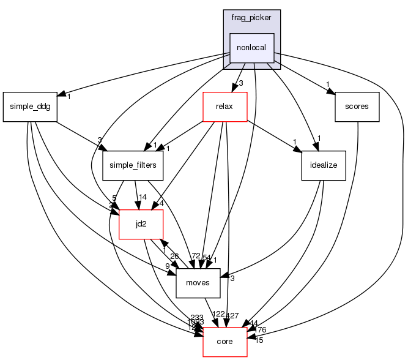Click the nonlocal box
(x=251, y=48)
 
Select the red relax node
(x=224, y=107)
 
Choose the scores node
(x=357, y=107)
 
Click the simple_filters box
(x=133, y=165)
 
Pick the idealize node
(x=324, y=165)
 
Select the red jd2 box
(x=141, y=225)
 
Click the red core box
(x=224, y=341)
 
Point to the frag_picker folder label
(x=251, y=18)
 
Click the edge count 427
(x=232, y=317)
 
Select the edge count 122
(x=218, y=315)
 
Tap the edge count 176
(x=260, y=330)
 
